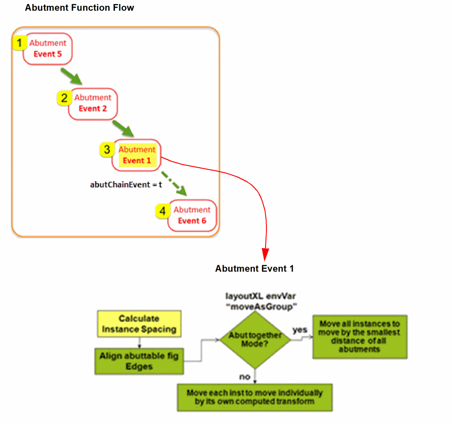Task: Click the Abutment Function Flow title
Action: click(x=80, y=8)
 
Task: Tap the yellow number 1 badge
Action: click(x=19, y=43)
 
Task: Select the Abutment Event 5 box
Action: click(x=48, y=49)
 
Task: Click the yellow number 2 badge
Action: click(x=64, y=98)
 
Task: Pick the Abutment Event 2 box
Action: click(x=93, y=103)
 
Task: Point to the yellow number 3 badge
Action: click(x=107, y=150)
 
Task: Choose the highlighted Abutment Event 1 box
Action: click(x=137, y=155)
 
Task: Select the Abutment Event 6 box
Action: click(x=192, y=216)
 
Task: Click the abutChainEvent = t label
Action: click(x=126, y=184)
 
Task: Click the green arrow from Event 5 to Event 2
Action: click(x=71, y=76)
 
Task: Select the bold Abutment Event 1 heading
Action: click(x=254, y=269)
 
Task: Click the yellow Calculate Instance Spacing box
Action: click(x=139, y=324)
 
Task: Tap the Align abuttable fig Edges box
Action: click(x=139, y=361)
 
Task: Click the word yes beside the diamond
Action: click(x=300, y=330)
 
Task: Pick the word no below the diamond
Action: click(x=245, y=377)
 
